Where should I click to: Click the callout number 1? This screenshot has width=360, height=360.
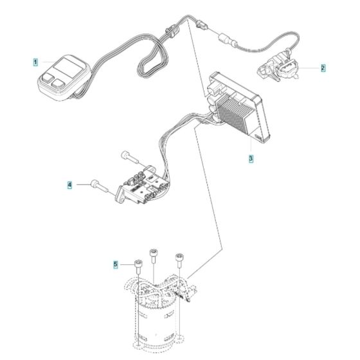point(36,62)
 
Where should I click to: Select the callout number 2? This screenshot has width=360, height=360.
point(323,67)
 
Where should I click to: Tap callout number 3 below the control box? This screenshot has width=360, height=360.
point(251,157)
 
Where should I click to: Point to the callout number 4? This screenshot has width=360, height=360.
point(69,185)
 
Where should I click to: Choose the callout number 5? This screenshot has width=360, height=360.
point(116,264)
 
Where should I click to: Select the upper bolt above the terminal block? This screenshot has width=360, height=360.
point(130,156)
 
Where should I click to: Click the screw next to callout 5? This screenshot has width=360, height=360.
point(139,265)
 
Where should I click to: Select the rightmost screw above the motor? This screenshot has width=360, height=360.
point(179,260)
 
